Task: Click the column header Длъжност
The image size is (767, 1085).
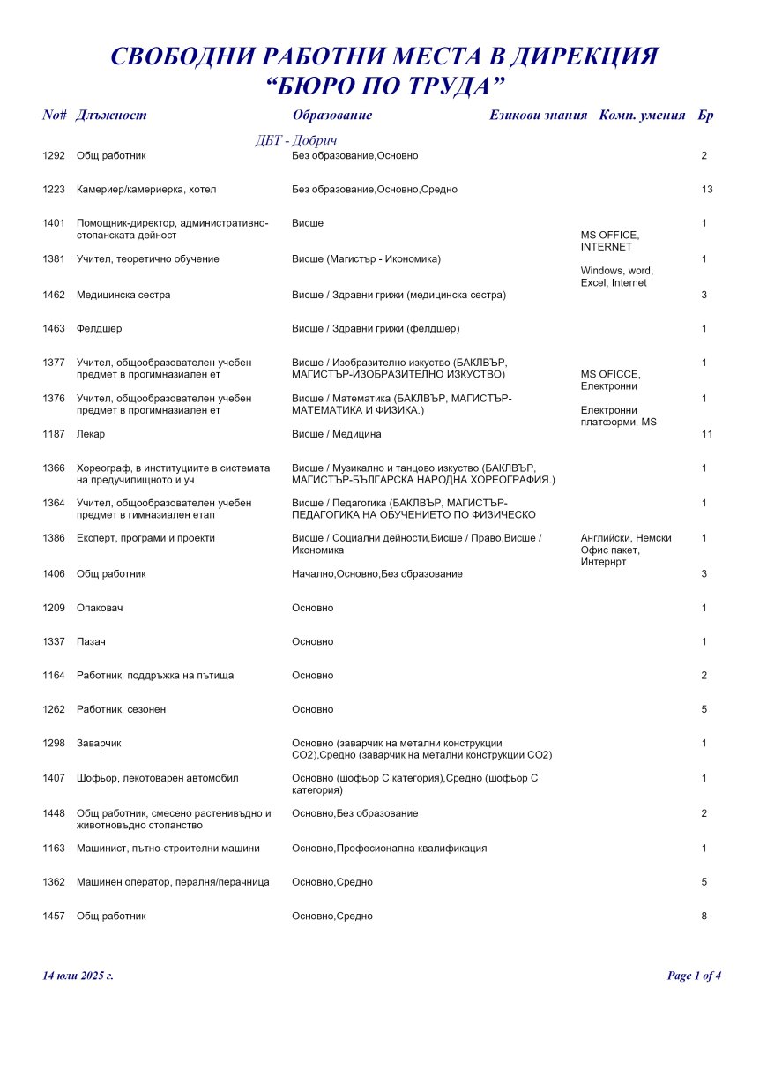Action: pyautogui.click(x=111, y=116)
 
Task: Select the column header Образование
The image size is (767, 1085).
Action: pyautogui.click(x=331, y=116)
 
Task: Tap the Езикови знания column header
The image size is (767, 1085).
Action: pyautogui.click(x=538, y=116)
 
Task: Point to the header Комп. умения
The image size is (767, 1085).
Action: pyautogui.click(x=642, y=116)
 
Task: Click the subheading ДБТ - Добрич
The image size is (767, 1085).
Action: pyautogui.click(x=295, y=141)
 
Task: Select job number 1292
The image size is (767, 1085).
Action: pyautogui.click(x=54, y=156)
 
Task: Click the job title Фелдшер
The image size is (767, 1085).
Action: pyautogui.click(x=99, y=329)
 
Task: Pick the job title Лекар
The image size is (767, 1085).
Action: pyautogui.click(x=91, y=434)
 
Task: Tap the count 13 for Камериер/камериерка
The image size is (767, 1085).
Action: pyautogui.click(x=707, y=190)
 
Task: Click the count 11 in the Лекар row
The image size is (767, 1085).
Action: pyautogui.click(x=706, y=434)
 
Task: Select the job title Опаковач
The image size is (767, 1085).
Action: pyautogui.click(x=101, y=608)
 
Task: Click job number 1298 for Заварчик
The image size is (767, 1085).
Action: pyautogui.click(x=54, y=744)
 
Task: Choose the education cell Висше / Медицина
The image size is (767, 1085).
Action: pyautogui.click(x=337, y=434)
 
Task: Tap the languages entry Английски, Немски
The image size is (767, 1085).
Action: pyautogui.click(x=626, y=538)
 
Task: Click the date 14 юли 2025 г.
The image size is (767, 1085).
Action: pyautogui.click(x=78, y=976)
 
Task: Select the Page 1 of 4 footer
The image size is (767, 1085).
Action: pyautogui.click(x=694, y=976)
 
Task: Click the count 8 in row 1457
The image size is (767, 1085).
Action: pyautogui.click(x=704, y=917)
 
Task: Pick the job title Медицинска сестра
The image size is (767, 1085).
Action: pyautogui.click(x=123, y=295)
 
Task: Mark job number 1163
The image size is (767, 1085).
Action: pyautogui.click(x=54, y=849)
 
